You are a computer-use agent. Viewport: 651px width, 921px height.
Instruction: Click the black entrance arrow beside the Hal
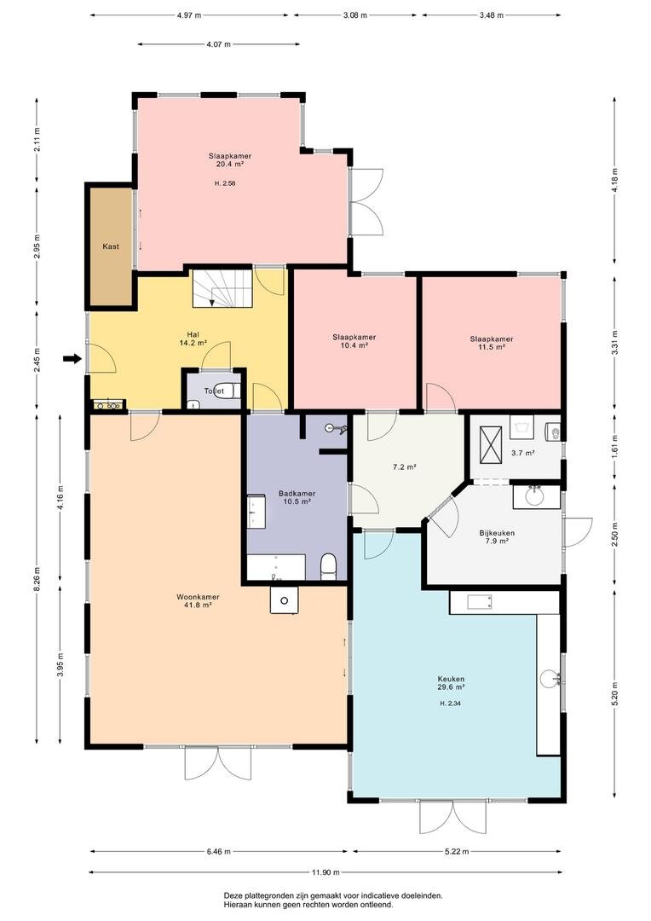click(72, 358)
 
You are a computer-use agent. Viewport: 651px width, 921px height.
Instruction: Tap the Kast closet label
click(111, 246)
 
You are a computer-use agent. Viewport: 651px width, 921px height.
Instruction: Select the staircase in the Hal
click(222, 288)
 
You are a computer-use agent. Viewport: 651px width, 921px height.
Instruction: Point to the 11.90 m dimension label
click(325, 872)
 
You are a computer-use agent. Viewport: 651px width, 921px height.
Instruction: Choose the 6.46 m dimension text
click(218, 851)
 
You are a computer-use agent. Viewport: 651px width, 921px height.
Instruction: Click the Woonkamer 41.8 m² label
click(198, 600)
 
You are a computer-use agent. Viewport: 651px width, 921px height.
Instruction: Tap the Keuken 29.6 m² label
click(451, 682)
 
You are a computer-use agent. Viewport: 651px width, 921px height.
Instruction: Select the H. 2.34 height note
click(450, 703)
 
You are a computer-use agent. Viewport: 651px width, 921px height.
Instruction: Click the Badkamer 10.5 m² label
click(297, 497)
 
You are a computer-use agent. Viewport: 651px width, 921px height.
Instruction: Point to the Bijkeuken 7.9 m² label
click(497, 537)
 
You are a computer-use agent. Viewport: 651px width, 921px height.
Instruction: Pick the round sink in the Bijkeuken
click(535, 496)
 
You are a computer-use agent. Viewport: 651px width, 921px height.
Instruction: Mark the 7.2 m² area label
click(405, 467)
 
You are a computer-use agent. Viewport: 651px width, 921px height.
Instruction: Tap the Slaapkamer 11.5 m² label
click(492, 343)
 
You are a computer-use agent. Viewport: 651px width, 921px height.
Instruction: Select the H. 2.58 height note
click(225, 183)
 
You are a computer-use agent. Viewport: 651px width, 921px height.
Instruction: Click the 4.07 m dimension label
click(218, 44)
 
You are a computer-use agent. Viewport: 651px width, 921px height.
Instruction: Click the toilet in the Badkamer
click(329, 567)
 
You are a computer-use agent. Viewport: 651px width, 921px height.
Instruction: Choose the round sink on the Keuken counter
click(550, 679)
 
